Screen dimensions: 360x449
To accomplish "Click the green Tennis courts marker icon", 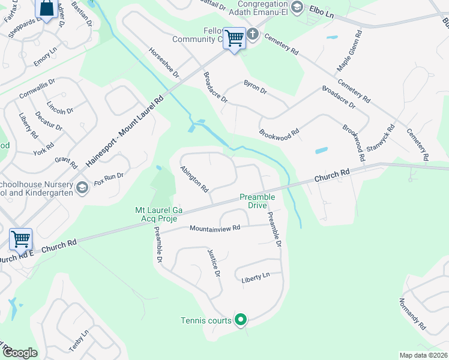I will click(x=241, y=320).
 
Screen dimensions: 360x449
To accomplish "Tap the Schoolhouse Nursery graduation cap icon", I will click(x=82, y=188).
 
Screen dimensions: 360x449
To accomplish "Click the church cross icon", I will click(x=253, y=34).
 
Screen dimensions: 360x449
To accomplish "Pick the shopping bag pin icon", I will click(x=46, y=8).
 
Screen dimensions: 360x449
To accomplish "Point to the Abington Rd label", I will click(x=194, y=179).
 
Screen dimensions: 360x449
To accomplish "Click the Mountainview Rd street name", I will click(x=215, y=228).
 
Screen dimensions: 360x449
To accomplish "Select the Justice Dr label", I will click(x=214, y=263).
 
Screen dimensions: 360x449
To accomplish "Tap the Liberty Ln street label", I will click(x=256, y=279).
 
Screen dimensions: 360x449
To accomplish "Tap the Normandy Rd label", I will click(x=412, y=316).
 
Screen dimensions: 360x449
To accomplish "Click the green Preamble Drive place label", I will click(x=257, y=200).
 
